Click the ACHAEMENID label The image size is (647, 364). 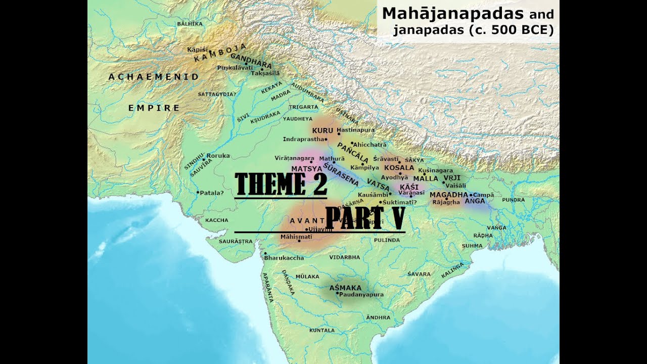pyautogui.click(x=154, y=77)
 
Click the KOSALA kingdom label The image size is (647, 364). pyautogui.click(x=399, y=167)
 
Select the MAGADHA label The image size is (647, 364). pyautogui.click(x=449, y=195)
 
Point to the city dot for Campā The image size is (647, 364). pyautogui.click(x=471, y=195)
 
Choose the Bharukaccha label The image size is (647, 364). pyautogui.click(x=284, y=258)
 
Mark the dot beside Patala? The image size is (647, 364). pyautogui.click(x=198, y=192)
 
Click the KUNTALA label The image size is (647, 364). pyautogui.click(x=322, y=330)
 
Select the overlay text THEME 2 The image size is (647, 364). pyautogui.click(x=281, y=184)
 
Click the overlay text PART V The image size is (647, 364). pyautogui.click(x=365, y=218)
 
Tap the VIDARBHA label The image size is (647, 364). pyautogui.click(x=344, y=257)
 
